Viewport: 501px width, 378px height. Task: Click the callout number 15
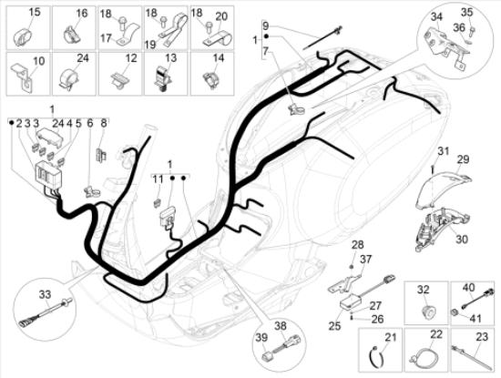[35, 13]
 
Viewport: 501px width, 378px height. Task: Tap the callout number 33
[45, 294]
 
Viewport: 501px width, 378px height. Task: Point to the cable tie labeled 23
[472, 357]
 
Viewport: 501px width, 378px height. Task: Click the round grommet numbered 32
[425, 310]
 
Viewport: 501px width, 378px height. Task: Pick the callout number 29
[463, 158]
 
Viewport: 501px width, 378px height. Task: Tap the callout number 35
[466, 12]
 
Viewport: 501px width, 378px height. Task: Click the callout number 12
[131, 57]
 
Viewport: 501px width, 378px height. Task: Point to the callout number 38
[281, 326]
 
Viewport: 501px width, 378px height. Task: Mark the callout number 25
[335, 326]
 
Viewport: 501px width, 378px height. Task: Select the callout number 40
[469, 287]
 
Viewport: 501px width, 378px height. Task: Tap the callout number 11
[158, 179]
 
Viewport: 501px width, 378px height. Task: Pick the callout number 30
[462, 240]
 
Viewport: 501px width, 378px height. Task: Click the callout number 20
[220, 16]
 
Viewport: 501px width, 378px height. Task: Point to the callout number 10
[39, 61]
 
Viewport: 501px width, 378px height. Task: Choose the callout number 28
[358, 245]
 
